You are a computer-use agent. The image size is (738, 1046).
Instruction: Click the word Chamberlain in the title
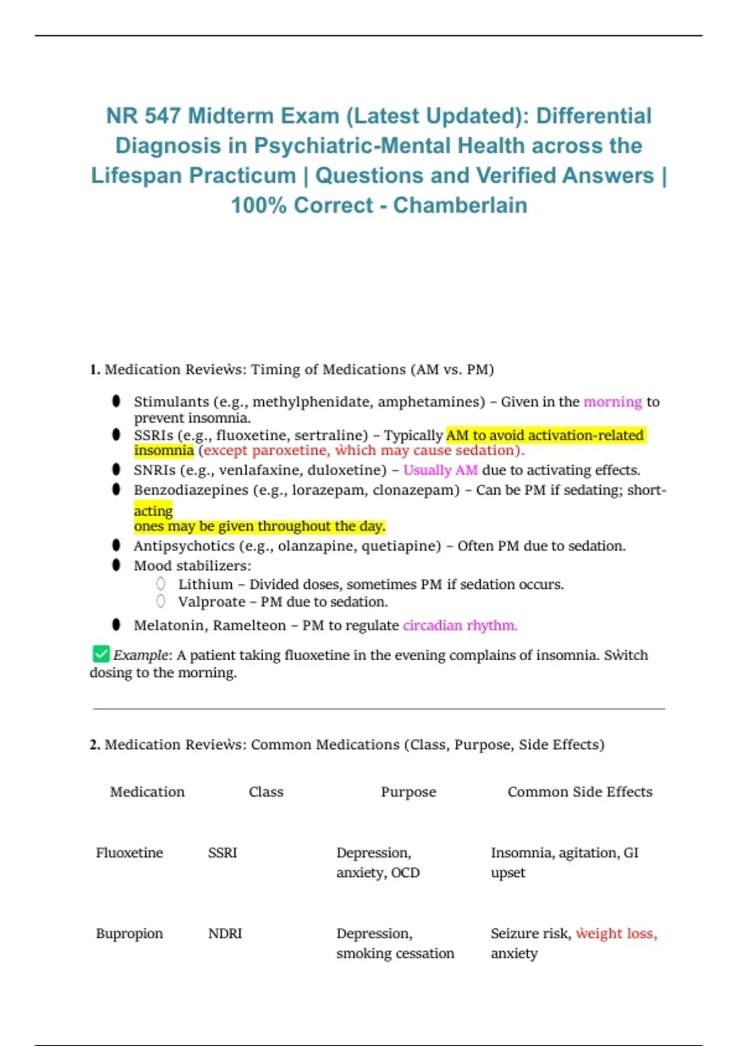(460, 206)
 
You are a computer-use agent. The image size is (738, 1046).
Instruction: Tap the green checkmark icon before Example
(101, 653)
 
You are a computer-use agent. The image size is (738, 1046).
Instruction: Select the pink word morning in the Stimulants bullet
(613, 402)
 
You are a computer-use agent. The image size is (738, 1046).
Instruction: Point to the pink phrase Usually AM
(440, 470)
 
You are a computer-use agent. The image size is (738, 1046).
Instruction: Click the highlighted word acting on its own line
(153, 511)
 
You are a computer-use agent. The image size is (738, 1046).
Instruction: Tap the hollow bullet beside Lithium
(161, 584)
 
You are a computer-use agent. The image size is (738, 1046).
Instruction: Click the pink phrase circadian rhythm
(460, 625)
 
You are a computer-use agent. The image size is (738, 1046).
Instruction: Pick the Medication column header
(147, 792)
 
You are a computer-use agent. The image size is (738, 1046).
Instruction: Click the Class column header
(266, 792)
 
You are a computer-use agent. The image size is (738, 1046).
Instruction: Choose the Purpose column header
(408, 792)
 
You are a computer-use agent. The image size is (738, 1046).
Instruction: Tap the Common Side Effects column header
(579, 792)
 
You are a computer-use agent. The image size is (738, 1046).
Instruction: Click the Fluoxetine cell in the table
(129, 853)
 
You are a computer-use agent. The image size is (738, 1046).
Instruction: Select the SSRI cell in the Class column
(222, 853)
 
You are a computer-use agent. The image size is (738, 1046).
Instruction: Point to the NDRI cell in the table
(224, 933)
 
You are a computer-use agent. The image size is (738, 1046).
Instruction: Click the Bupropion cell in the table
(129, 933)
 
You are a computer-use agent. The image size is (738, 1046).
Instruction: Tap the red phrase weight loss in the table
(616, 933)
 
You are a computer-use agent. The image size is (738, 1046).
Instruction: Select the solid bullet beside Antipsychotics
(116, 545)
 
